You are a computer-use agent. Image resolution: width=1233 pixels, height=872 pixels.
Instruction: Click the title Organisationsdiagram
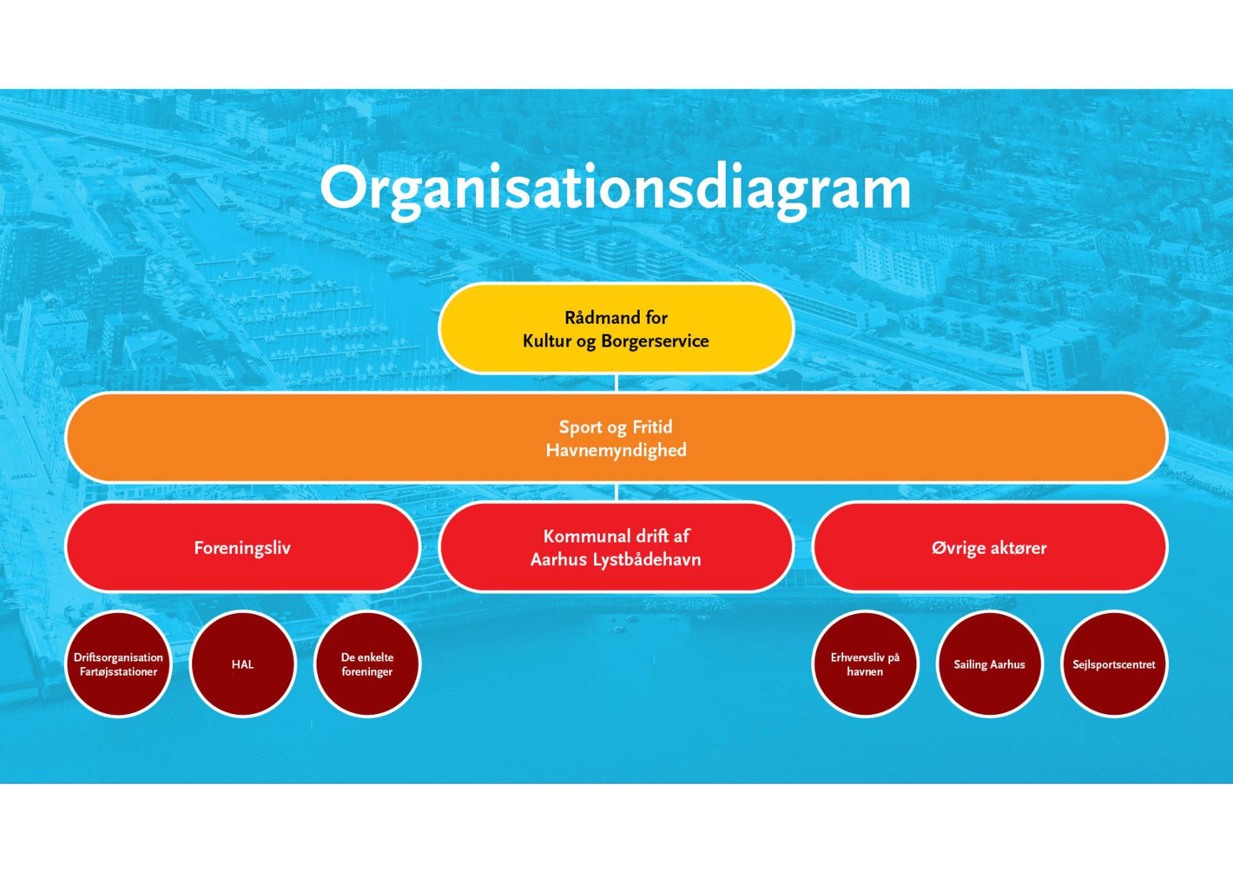pyautogui.click(x=616, y=188)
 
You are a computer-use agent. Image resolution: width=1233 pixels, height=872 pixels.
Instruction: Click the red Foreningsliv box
pyautogui.click(x=242, y=548)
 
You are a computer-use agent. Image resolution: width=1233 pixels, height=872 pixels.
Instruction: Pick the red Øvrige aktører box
pyautogui.click(x=989, y=548)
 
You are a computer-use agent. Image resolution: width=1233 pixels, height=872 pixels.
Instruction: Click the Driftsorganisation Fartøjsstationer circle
pyautogui.click(x=118, y=664)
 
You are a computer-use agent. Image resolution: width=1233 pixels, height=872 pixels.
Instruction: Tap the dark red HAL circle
pyautogui.click(x=242, y=664)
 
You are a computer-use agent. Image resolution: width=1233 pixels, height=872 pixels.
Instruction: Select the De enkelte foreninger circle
pyautogui.click(x=366, y=664)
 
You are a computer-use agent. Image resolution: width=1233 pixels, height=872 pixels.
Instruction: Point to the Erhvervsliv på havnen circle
pyautogui.click(x=865, y=664)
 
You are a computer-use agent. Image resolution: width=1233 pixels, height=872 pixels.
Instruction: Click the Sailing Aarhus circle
pyautogui.click(x=989, y=664)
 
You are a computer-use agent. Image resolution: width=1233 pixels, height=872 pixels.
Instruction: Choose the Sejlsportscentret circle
pyautogui.click(x=1113, y=664)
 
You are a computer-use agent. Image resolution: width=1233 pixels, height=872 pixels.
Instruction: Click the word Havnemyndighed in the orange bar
pyautogui.click(x=616, y=450)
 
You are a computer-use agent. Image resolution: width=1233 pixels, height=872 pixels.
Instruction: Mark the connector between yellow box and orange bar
pyautogui.click(x=616, y=383)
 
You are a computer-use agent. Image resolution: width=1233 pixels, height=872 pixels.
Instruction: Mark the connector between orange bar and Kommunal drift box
pyautogui.click(x=616, y=492)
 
